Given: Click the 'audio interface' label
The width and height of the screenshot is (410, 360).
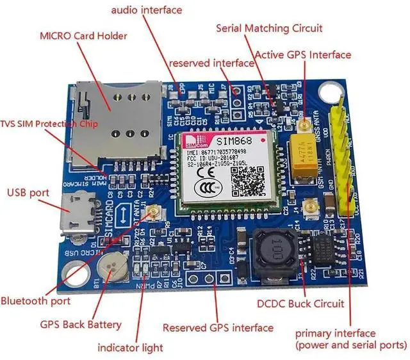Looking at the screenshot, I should pyautogui.click(x=147, y=10).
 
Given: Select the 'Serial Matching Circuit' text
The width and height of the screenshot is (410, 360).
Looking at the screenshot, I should pyautogui.click(x=269, y=28).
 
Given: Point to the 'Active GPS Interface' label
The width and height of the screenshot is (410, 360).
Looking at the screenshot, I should pyautogui.click(x=303, y=55).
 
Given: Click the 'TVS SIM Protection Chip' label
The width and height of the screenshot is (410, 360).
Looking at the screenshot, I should pyautogui.click(x=49, y=124).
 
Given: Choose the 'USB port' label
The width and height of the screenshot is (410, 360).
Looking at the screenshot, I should pyautogui.click(x=28, y=192).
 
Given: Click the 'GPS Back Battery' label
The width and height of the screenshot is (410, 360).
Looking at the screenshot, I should pyautogui.click(x=80, y=325).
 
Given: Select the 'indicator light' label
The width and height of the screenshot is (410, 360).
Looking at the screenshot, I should pyautogui.click(x=130, y=348).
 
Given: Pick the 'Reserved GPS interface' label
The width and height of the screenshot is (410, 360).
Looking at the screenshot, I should pyautogui.click(x=218, y=328).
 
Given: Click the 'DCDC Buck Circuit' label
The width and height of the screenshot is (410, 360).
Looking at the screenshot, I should pyautogui.click(x=300, y=304).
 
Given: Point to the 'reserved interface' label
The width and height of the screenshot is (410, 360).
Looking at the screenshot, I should pyautogui.click(x=211, y=63).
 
